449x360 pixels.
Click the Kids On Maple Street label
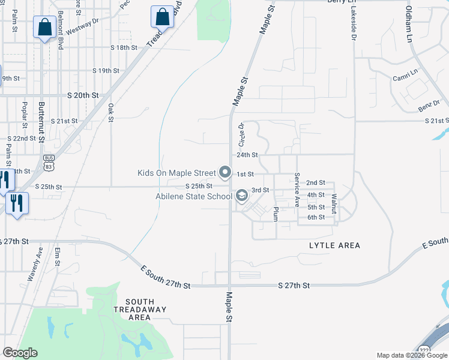(x=176, y=173)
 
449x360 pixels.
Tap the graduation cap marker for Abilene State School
(x=241, y=196)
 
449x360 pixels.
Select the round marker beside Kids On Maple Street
(x=225, y=173)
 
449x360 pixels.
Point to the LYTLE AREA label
(x=334, y=245)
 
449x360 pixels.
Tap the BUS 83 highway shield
(x=49, y=161)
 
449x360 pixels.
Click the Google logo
(x=20, y=353)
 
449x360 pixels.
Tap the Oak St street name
(x=111, y=112)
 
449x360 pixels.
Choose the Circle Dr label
(x=242, y=135)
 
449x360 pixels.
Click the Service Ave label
(x=297, y=190)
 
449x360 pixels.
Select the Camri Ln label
(x=405, y=76)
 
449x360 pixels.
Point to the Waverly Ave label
(x=34, y=265)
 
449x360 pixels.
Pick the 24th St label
(x=247, y=155)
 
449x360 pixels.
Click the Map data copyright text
(x=412, y=355)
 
